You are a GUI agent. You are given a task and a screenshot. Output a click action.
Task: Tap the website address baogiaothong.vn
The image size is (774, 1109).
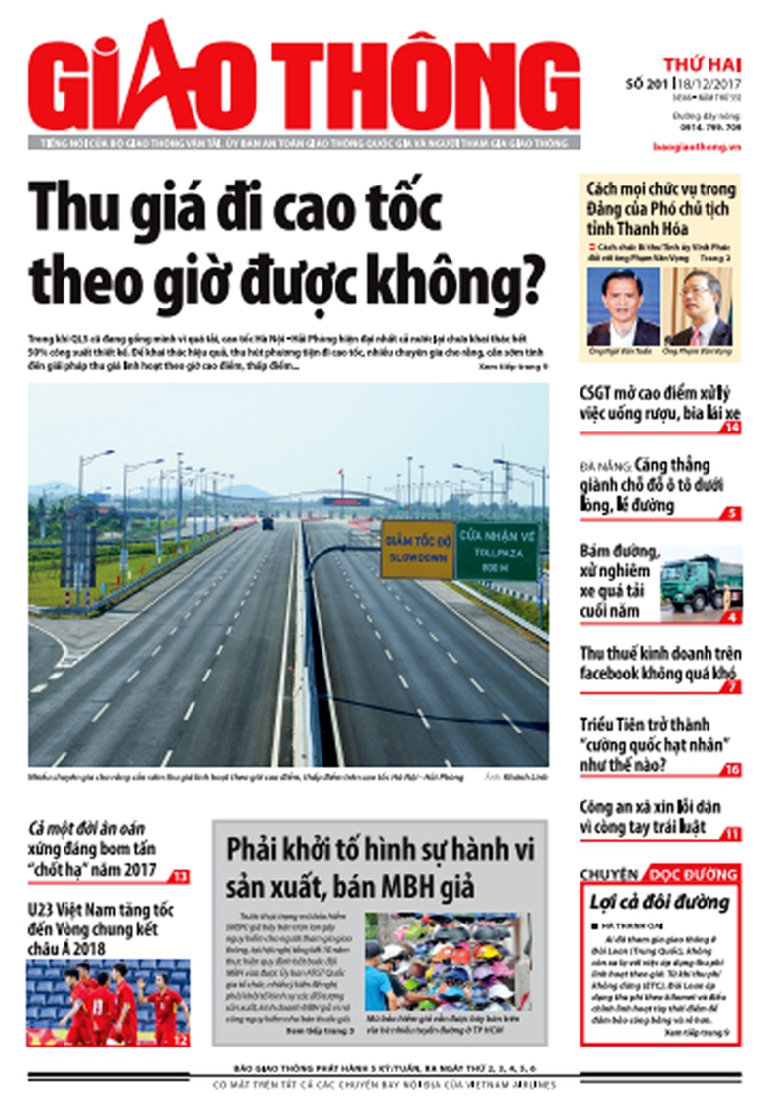704,146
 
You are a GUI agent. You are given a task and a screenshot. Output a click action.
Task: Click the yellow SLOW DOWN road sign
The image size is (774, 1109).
417,550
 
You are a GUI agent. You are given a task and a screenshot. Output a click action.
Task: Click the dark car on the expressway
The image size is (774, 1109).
268,523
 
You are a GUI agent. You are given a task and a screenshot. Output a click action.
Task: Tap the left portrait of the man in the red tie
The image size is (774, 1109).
622,307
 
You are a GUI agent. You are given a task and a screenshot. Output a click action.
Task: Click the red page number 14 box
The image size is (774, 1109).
732,428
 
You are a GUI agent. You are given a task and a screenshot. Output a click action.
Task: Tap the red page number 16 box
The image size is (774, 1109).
732,770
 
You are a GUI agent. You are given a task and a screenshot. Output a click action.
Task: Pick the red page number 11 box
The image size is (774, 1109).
732,834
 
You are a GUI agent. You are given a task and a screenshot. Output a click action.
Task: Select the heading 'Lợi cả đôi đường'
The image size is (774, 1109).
659,902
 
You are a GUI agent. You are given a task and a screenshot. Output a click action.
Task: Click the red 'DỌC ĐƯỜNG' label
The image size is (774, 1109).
693,875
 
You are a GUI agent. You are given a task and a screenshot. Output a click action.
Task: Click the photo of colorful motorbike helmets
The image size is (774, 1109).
448,961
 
